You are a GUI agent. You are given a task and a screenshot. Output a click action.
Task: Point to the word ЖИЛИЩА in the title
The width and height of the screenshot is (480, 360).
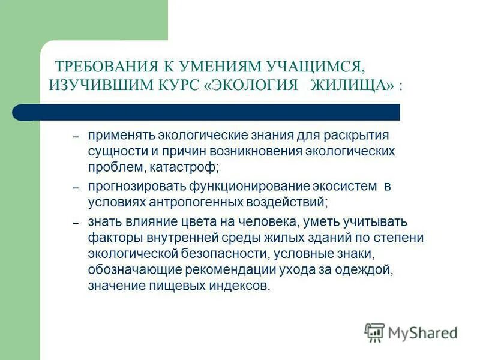pos(347,85)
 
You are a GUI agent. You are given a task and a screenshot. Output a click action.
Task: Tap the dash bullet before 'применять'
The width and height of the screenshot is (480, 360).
pos(76,137)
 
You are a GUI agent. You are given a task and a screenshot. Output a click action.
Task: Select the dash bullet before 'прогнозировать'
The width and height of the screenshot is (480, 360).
pos(76,188)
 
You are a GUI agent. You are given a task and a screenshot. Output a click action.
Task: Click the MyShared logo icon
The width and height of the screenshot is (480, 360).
pos(374,332)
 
